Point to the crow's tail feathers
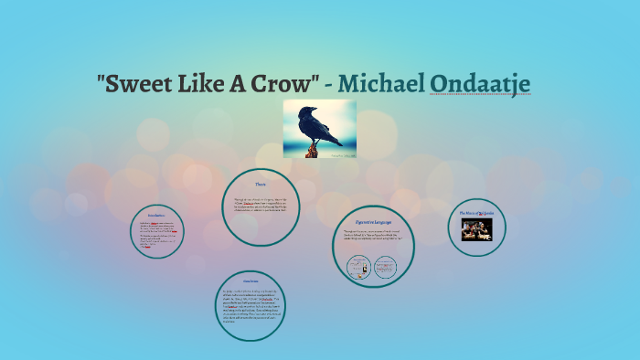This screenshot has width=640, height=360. [336, 141]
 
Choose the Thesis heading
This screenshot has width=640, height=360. [261, 185]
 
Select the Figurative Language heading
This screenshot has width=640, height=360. [374, 221]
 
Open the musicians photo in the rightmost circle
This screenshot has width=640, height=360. [475, 229]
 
